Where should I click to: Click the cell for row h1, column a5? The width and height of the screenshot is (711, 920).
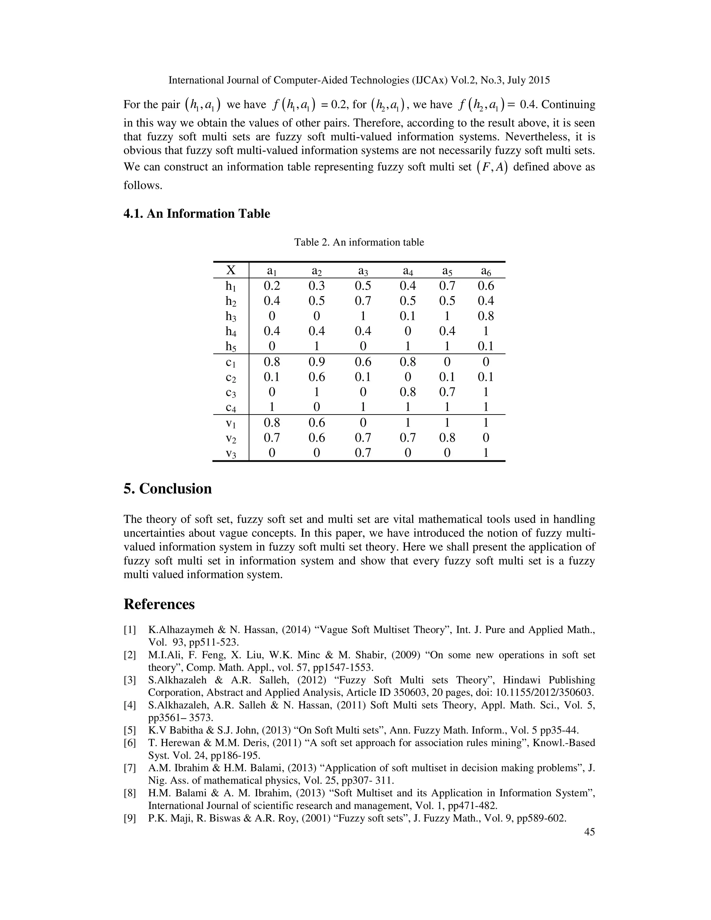tap(447, 286)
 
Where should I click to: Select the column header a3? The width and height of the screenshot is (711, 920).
tap(363, 270)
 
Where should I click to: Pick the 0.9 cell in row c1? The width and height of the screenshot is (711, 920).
tap(316, 362)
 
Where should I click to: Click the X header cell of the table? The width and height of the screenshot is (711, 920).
tap(231, 270)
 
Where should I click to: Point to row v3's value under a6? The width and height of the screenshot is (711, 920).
tap(486, 453)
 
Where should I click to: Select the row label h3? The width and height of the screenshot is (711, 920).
tap(231, 317)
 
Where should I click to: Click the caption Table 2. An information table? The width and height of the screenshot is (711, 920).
tap(359, 242)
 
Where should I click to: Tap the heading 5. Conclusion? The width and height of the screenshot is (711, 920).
tap(168, 489)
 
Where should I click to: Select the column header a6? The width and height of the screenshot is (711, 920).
tap(486, 270)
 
